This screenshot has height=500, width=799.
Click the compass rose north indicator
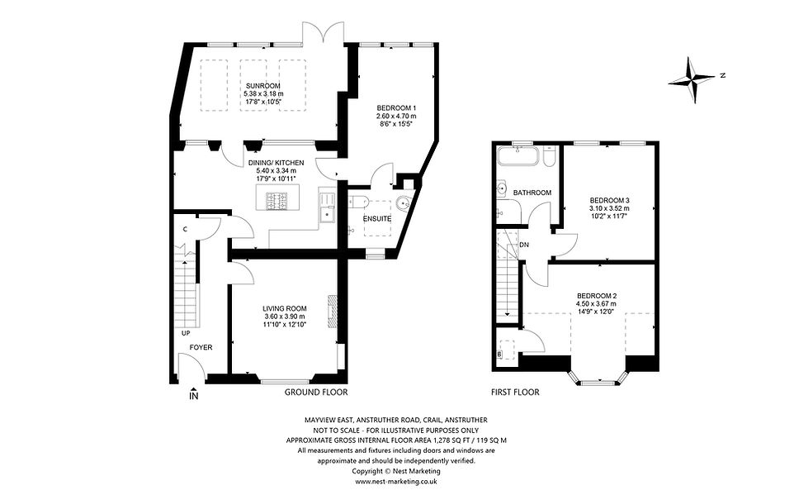pos(693,79)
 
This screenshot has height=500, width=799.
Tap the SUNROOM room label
pos(262,86)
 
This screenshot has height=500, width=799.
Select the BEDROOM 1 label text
pos(396,108)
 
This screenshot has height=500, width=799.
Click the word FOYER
pos(201,347)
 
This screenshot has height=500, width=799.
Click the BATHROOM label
pos(532,193)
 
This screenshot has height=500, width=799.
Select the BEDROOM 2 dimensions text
pos(596,307)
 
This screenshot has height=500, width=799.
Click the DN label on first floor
pos(525,245)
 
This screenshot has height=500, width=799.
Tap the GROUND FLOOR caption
pos(316,393)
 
